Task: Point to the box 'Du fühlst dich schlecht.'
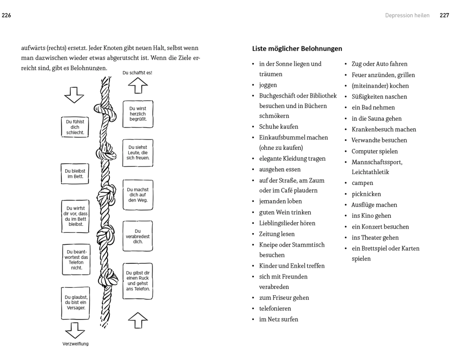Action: pyautogui.click(x=75, y=127)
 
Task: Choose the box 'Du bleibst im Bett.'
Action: pyautogui.click(x=75, y=173)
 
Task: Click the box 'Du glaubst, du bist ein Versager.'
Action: pyautogui.click(x=75, y=301)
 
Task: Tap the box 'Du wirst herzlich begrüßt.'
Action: pyautogui.click(x=138, y=114)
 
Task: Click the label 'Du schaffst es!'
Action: pyautogui.click(x=140, y=72)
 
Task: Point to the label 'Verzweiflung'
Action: pyautogui.click(x=75, y=344)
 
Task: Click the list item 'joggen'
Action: pyautogui.click(x=268, y=85)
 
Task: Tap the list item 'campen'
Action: pyautogui.click(x=362, y=183)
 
